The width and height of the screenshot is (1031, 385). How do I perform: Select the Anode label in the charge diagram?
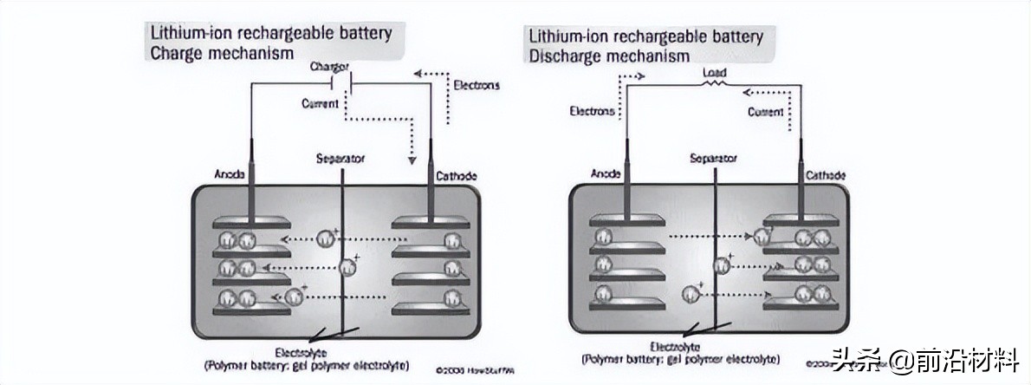pos(226,177)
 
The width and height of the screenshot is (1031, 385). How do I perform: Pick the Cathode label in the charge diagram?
pos(456,177)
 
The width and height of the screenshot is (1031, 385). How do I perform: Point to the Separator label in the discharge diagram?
pos(713,159)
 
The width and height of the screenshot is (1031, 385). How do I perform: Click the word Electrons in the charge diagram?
pos(477,85)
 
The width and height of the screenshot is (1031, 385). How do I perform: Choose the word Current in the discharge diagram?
pos(765,112)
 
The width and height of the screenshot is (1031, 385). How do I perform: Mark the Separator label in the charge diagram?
pos(340,159)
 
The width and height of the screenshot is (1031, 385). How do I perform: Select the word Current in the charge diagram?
pos(320,104)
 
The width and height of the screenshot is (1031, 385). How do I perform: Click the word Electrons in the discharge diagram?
pos(592,111)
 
